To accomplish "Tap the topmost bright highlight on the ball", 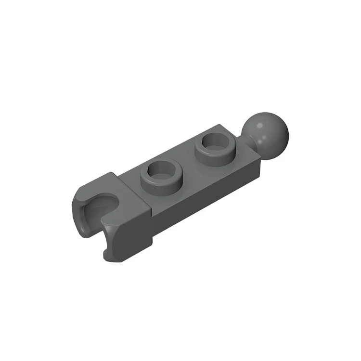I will coord(259,125).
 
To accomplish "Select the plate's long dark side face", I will coord(207,193).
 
